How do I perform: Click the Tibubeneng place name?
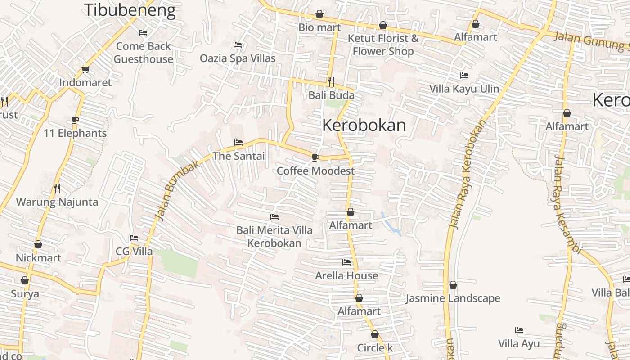pos(130,10)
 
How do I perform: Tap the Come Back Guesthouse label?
pos(143,53)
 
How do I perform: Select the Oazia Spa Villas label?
pos(238,58)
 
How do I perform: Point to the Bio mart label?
pos(319,27)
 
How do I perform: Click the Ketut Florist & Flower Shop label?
pos(383,45)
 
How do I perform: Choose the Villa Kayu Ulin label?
pos(464,89)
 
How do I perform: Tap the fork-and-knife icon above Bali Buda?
pos(331,81)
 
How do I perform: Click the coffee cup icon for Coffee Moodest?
pos(315,157)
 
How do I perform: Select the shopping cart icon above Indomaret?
pos(85,69)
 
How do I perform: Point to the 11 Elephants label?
pos(75,133)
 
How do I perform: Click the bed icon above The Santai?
pos(238,143)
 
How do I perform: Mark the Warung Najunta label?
pos(57,202)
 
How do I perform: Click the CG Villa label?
pos(134,252)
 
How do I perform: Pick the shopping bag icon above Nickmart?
pos(38,244)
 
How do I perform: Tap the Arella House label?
pos(346,275)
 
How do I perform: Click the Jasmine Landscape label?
pos(453,298)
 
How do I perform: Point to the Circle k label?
pos(375,348)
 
